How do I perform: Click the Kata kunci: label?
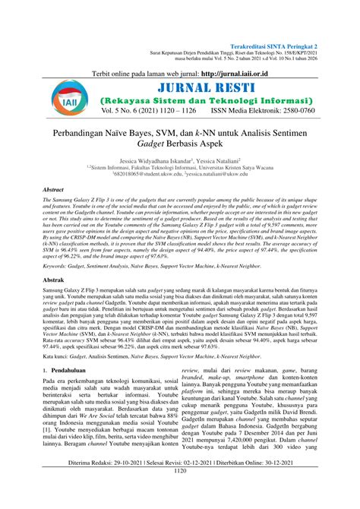[58, 357]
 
